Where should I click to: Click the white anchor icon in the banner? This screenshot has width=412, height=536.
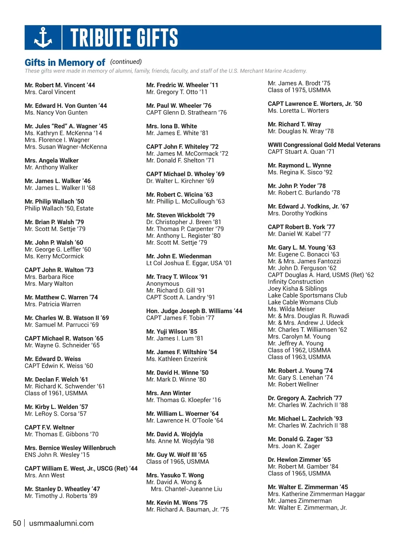click(x=43, y=37)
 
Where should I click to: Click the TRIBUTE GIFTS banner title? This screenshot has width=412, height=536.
click(x=124, y=37)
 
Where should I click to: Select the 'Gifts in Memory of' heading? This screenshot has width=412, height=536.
click(x=65, y=63)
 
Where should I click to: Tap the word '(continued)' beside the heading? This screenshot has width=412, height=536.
click(x=126, y=62)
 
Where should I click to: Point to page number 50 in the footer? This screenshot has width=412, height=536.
click(x=17, y=523)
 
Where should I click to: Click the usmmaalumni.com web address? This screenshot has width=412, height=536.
click(x=61, y=523)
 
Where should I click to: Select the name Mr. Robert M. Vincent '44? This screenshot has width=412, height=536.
click(x=60, y=85)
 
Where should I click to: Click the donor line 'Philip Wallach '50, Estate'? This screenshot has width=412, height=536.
click(x=59, y=208)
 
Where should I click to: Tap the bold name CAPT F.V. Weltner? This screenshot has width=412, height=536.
click(x=49, y=427)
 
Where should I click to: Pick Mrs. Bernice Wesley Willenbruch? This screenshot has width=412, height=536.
click(x=70, y=448)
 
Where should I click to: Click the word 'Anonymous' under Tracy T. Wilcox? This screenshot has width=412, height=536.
click(x=163, y=284)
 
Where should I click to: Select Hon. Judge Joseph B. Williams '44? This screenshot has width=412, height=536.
click(x=194, y=311)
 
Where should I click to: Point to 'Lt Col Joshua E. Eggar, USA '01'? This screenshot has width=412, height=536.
click(x=189, y=263)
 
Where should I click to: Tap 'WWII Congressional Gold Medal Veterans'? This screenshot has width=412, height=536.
click(x=324, y=145)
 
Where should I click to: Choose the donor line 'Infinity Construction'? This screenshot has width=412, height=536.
click(x=296, y=282)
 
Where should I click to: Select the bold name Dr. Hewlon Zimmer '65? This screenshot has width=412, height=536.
click(x=299, y=460)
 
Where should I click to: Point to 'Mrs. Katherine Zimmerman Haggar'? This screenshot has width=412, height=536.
click(x=317, y=494)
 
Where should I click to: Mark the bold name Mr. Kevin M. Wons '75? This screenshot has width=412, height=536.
click(x=177, y=503)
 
